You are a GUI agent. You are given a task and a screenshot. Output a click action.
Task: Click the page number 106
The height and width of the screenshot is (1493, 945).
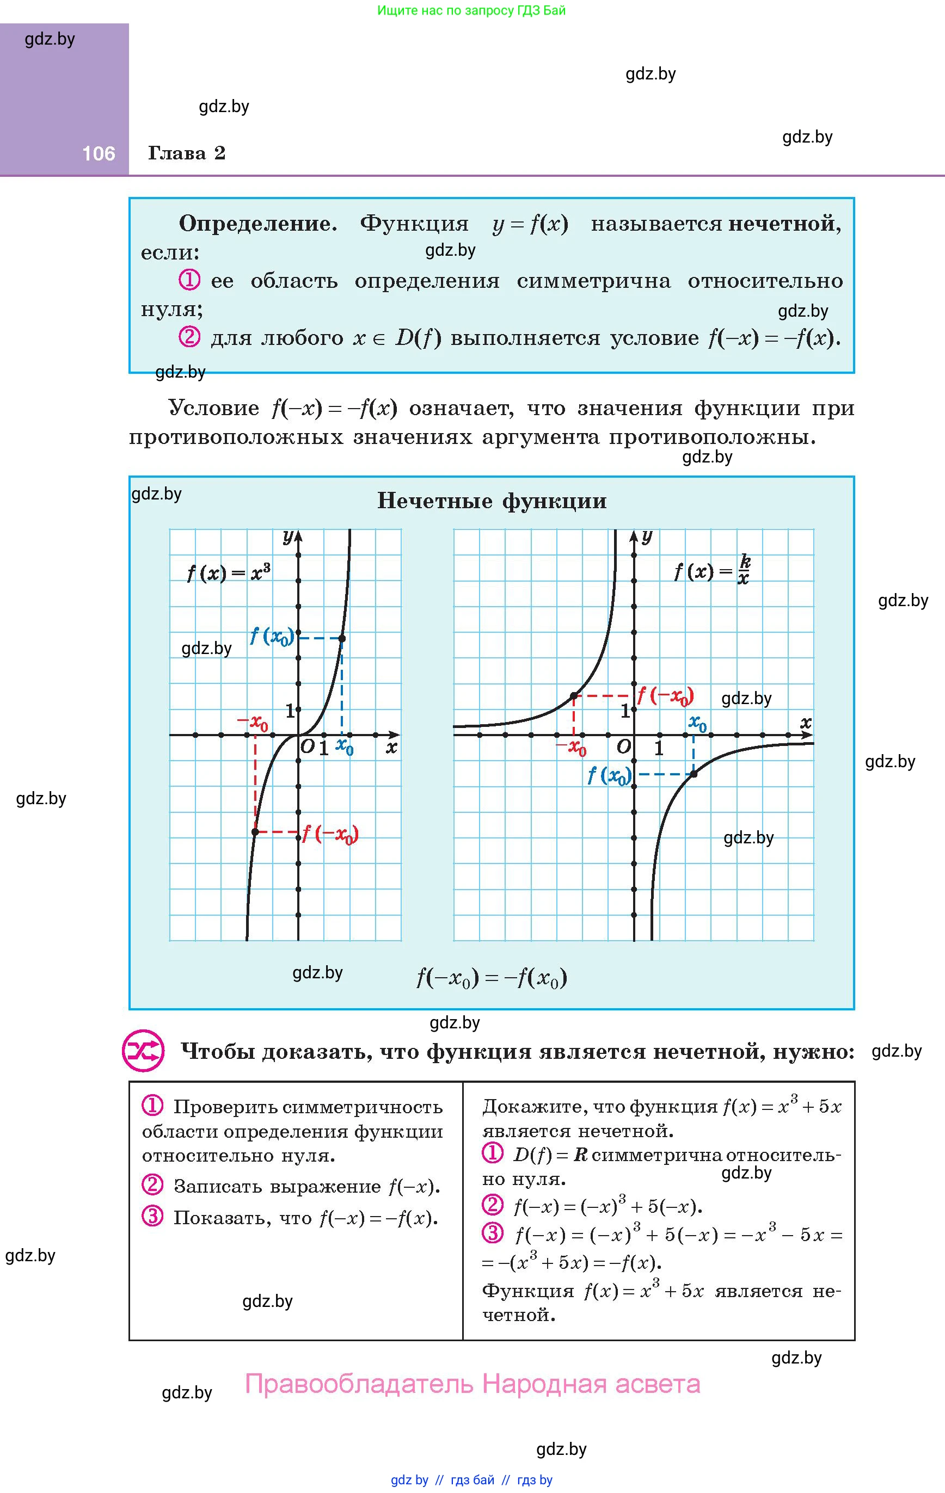click(x=99, y=154)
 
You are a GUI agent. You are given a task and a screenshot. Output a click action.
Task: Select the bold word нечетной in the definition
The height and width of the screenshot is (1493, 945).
click(x=785, y=223)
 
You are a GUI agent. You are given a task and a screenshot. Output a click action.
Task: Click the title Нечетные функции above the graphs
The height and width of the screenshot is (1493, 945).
click(x=492, y=501)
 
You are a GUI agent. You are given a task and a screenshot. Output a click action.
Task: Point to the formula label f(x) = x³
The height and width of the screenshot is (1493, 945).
click(x=228, y=572)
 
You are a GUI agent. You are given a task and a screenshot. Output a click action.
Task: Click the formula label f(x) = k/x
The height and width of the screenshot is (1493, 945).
click(x=713, y=570)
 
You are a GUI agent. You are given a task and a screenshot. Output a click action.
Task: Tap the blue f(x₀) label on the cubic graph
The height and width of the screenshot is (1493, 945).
click(x=272, y=636)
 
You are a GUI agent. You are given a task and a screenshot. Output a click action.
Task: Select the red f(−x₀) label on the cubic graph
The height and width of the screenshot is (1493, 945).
click(x=330, y=834)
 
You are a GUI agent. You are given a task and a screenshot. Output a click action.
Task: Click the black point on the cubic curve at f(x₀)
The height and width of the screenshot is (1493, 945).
click(x=342, y=638)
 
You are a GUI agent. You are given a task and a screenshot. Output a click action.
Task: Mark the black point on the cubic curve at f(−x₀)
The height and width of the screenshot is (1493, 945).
click(x=255, y=831)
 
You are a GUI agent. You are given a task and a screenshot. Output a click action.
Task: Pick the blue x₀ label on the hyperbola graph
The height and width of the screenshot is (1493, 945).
click(x=697, y=723)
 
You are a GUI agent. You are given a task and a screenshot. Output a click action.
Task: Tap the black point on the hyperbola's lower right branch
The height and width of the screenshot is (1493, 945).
click(x=694, y=774)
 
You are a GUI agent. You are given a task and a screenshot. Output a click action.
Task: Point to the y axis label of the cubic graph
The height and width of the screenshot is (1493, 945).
click(x=288, y=537)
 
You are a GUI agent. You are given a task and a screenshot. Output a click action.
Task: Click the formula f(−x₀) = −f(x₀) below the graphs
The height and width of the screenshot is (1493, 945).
click(x=492, y=978)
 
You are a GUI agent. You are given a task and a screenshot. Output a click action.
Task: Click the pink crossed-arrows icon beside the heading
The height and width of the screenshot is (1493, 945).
click(x=143, y=1051)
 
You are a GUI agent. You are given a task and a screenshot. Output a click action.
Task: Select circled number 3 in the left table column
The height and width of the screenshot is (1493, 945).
click(x=152, y=1217)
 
